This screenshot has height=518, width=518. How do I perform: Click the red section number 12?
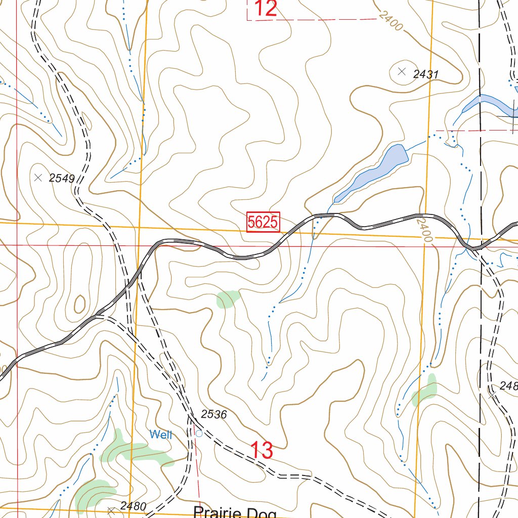point(266,9)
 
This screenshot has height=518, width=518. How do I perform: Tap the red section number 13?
point(262,450)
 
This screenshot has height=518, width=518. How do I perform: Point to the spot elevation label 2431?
point(425,74)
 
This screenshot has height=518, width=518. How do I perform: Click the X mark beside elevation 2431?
point(402,71)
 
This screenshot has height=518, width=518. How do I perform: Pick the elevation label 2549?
point(62,178)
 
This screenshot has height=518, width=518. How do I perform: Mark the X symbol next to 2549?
point(38,177)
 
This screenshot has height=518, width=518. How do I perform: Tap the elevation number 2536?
point(213,415)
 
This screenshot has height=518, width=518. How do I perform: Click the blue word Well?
point(161,435)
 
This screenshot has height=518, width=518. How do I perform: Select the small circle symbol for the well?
point(199,434)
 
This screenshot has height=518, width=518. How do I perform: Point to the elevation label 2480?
point(133,506)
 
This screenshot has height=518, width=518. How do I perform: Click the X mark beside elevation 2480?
point(111,511)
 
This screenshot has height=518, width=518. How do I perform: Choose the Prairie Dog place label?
point(235,512)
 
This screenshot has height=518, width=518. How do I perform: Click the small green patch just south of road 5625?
point(227,299)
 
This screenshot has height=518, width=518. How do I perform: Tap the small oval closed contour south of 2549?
point(79,305)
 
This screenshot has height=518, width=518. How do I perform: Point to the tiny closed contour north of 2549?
point(87,120)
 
